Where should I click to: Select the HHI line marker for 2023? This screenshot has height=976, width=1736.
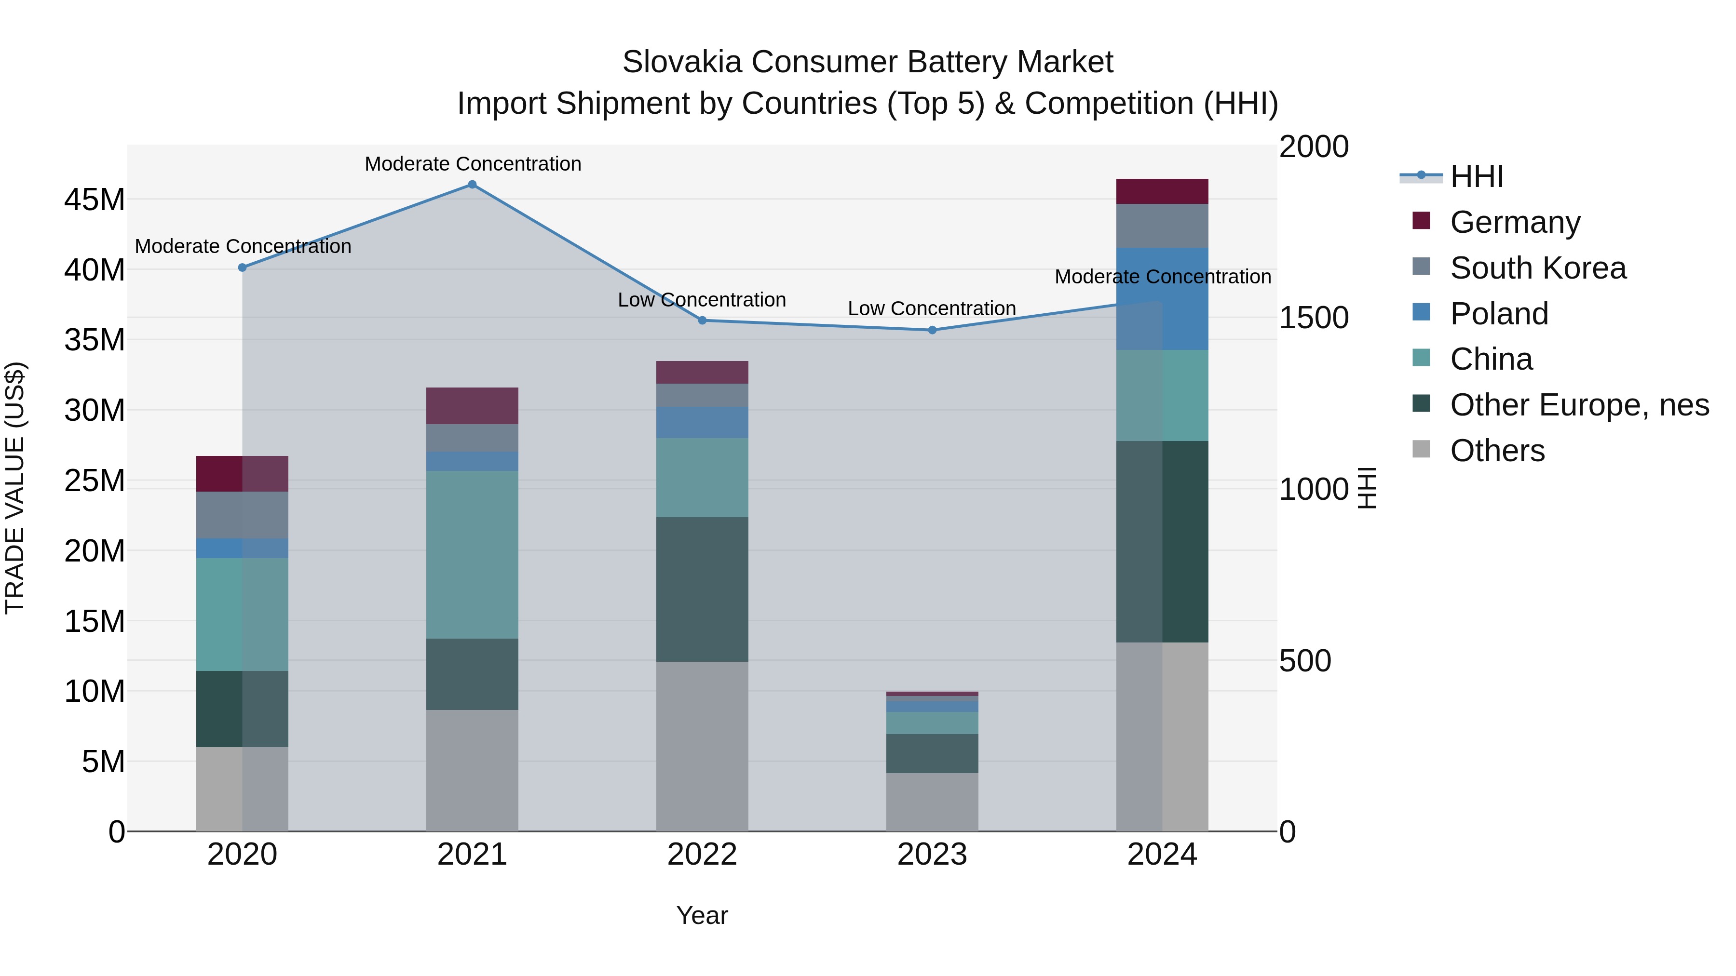[x=932, y=330]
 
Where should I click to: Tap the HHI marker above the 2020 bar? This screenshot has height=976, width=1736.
[x=243, y=267]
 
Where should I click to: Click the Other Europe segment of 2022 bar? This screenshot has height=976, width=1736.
[x=702, y=589]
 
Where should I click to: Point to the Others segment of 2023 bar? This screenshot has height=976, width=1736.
[x=932, y=802]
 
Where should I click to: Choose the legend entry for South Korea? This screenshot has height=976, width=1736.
[x=1537, y=268]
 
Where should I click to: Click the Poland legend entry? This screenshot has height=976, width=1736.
[x=1499, y=314]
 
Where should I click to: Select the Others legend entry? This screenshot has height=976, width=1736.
[x=1497, y=451]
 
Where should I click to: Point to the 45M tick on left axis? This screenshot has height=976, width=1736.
[x=95, y=200]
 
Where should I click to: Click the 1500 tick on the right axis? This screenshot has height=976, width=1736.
[x=1314, y=318]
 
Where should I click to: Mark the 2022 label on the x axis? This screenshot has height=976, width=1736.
[x=702, y=855]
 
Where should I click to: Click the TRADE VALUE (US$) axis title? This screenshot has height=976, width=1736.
[x=15, y=488]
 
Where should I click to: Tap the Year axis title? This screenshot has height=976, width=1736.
[x=702, y=915]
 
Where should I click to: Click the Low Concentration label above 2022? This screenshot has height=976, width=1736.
[x=702, y=300]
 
